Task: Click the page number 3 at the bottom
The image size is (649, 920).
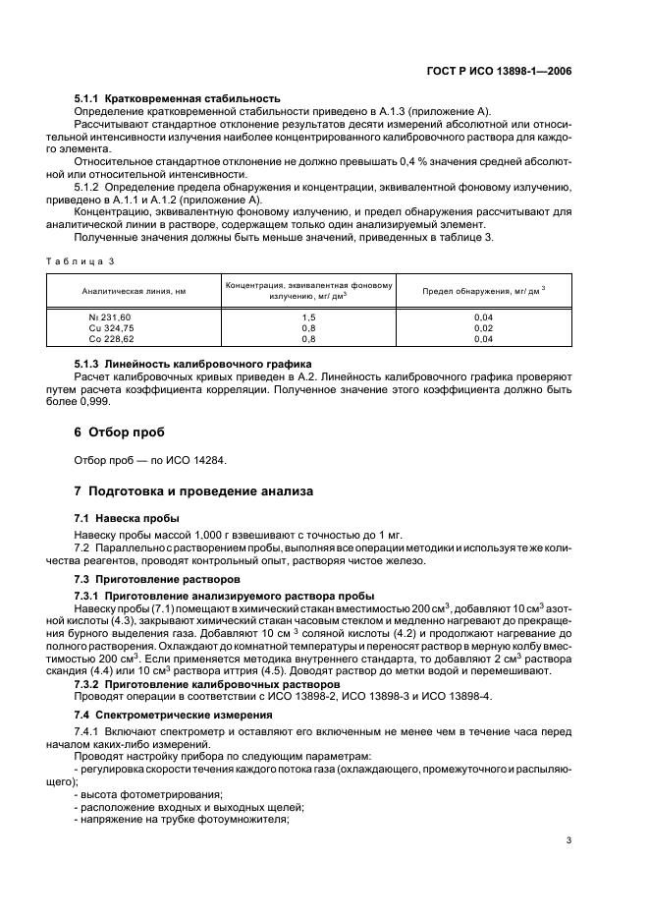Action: pos(569,839)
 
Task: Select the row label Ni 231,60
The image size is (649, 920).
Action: pos(109,317)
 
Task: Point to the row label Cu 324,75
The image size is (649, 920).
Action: pos(109,327)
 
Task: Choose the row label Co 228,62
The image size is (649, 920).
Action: pos(109,338)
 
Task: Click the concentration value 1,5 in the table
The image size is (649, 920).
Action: pos(307,317)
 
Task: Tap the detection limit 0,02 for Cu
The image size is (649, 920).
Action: pos(483,327)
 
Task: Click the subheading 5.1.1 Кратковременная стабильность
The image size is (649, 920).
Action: pos(178,98)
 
